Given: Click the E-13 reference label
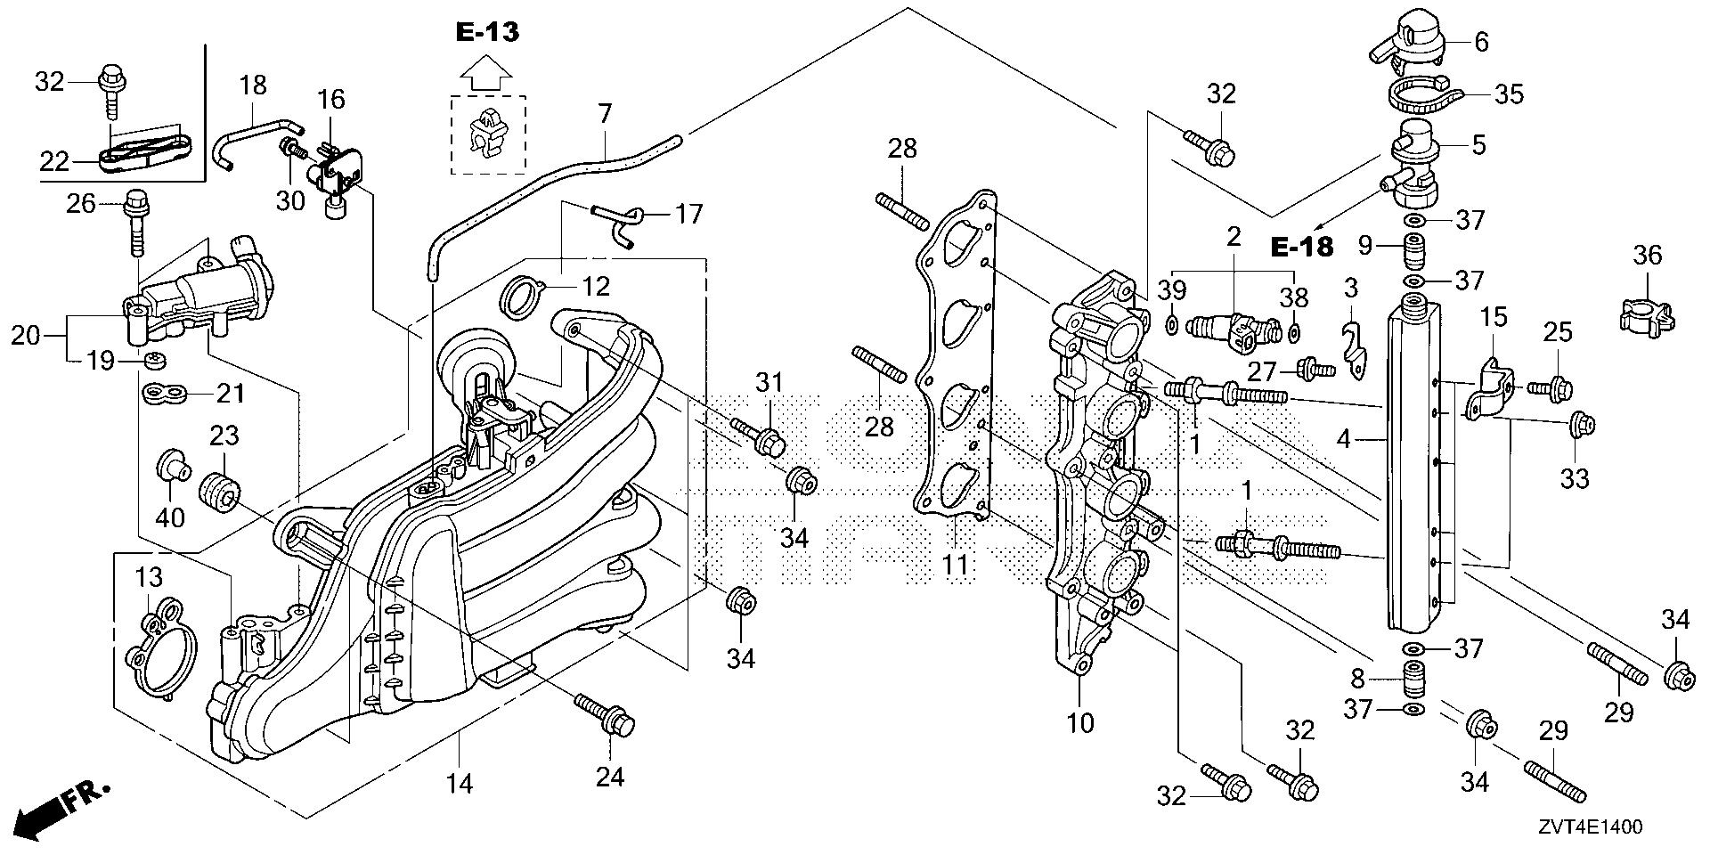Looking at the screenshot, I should tap(487, 33).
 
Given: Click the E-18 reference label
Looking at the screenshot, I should tap(1302, 248).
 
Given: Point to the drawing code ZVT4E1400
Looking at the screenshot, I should tap(1589, 826).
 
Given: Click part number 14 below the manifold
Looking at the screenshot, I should tap(460, 783).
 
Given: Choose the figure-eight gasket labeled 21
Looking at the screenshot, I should tap(162, 392).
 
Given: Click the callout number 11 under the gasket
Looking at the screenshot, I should tap(956, 564).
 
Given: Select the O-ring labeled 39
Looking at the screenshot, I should tap(1173, 324).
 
